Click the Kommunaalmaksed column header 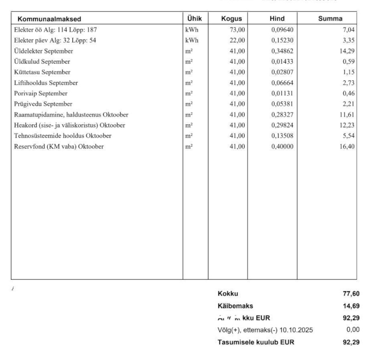click(49, 19)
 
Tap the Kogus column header click(232, 19)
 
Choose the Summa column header click(329, 19)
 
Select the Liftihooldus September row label click(46, 83)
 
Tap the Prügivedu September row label click(43, 104)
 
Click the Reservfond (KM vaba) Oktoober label click(59, 146)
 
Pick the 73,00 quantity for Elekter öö click(237, 30)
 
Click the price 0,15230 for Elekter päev click(282, 40)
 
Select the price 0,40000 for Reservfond click(282, 146)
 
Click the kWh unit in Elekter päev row click(191, 40)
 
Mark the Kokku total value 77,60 click(351, 294)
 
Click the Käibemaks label click(235, 306)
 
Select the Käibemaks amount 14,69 click(351, 306)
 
